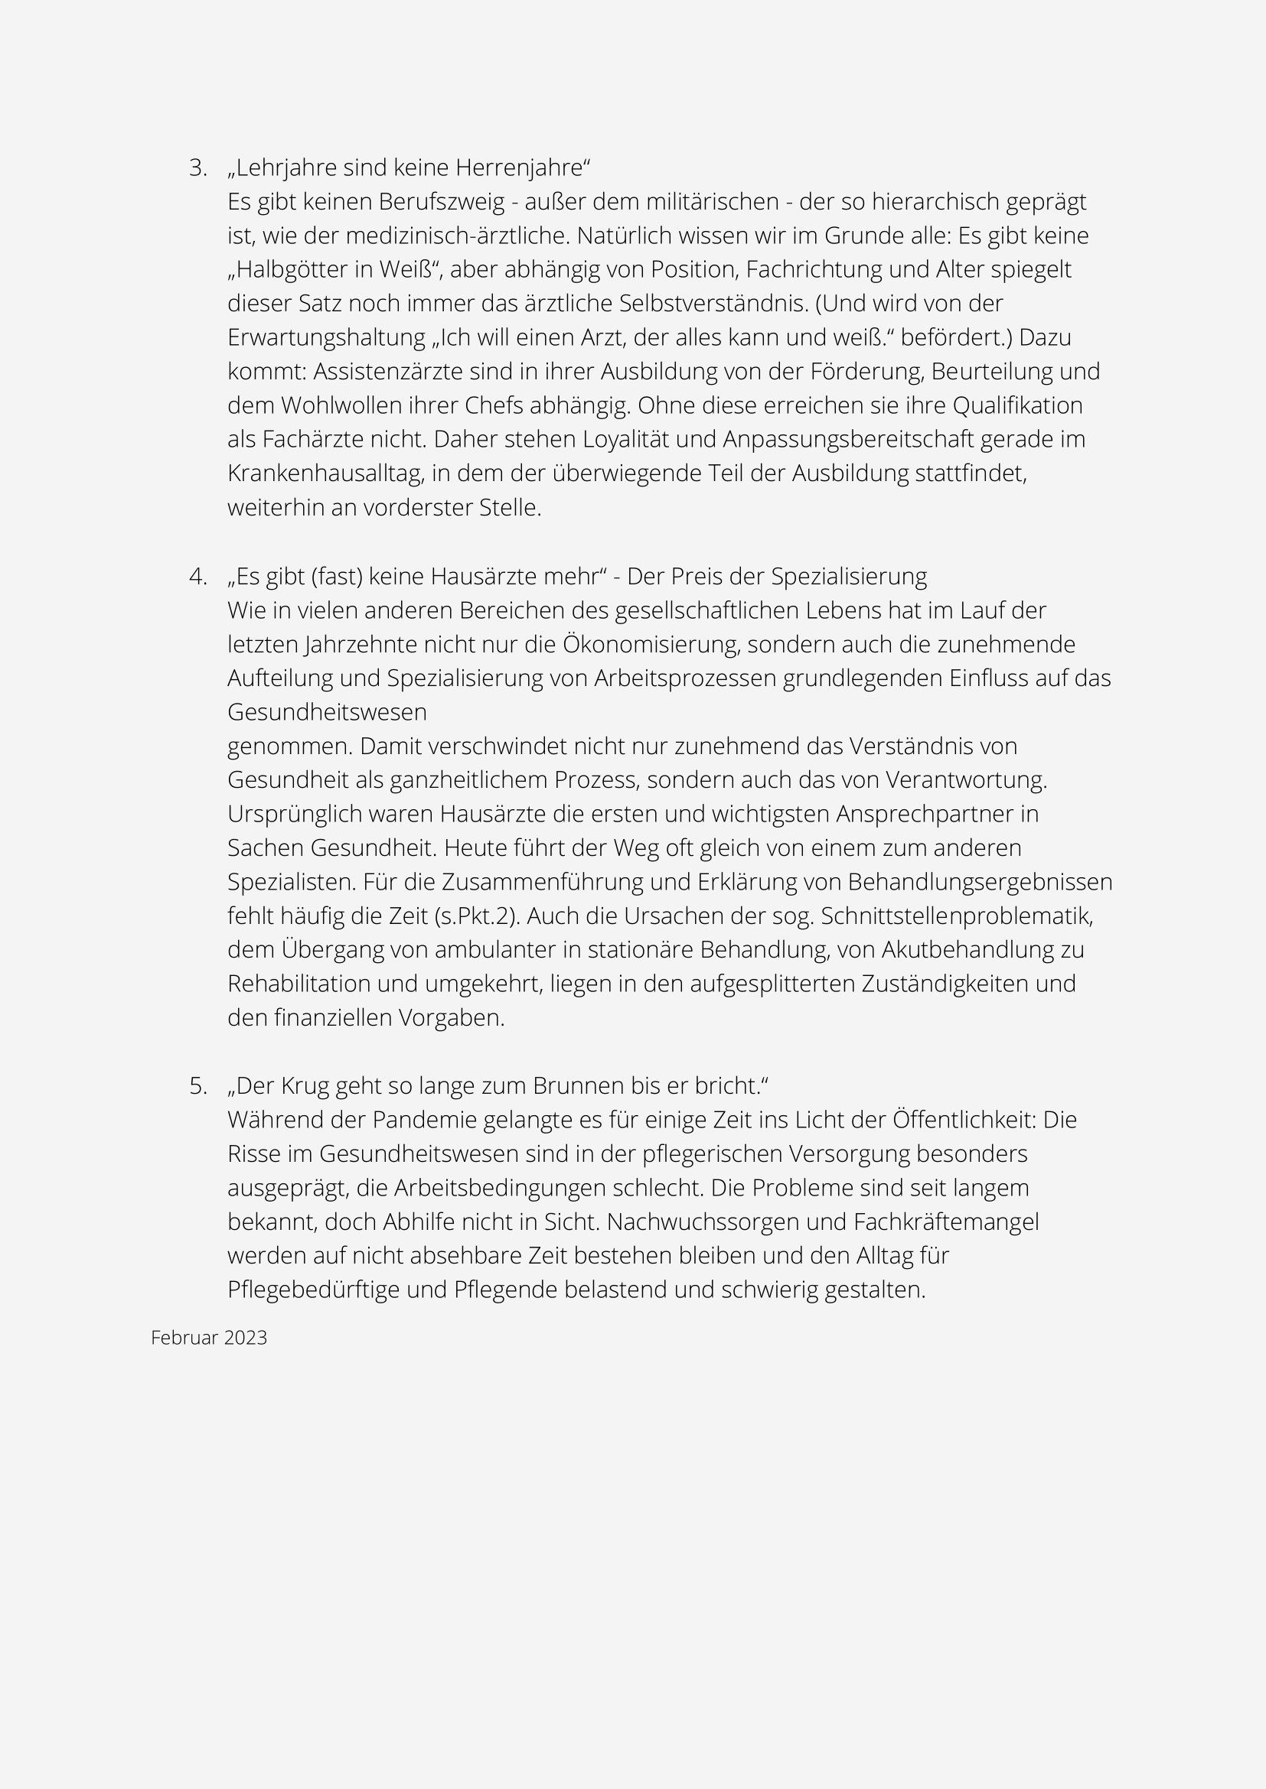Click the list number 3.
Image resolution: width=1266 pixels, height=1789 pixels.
click(x=197, y=168)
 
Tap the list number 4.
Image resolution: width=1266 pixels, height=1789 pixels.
click(x=197, y=577)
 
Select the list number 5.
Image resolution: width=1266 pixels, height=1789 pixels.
click(x=197, y=1086)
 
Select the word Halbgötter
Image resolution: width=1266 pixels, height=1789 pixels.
click(x=286, y=270)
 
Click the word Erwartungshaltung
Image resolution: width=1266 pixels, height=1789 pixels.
click(x=327, y=338)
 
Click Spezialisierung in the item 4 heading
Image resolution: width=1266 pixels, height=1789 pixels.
click(x=849, y=577)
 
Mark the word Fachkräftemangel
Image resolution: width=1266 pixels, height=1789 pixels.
click(x=945, y=1222)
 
